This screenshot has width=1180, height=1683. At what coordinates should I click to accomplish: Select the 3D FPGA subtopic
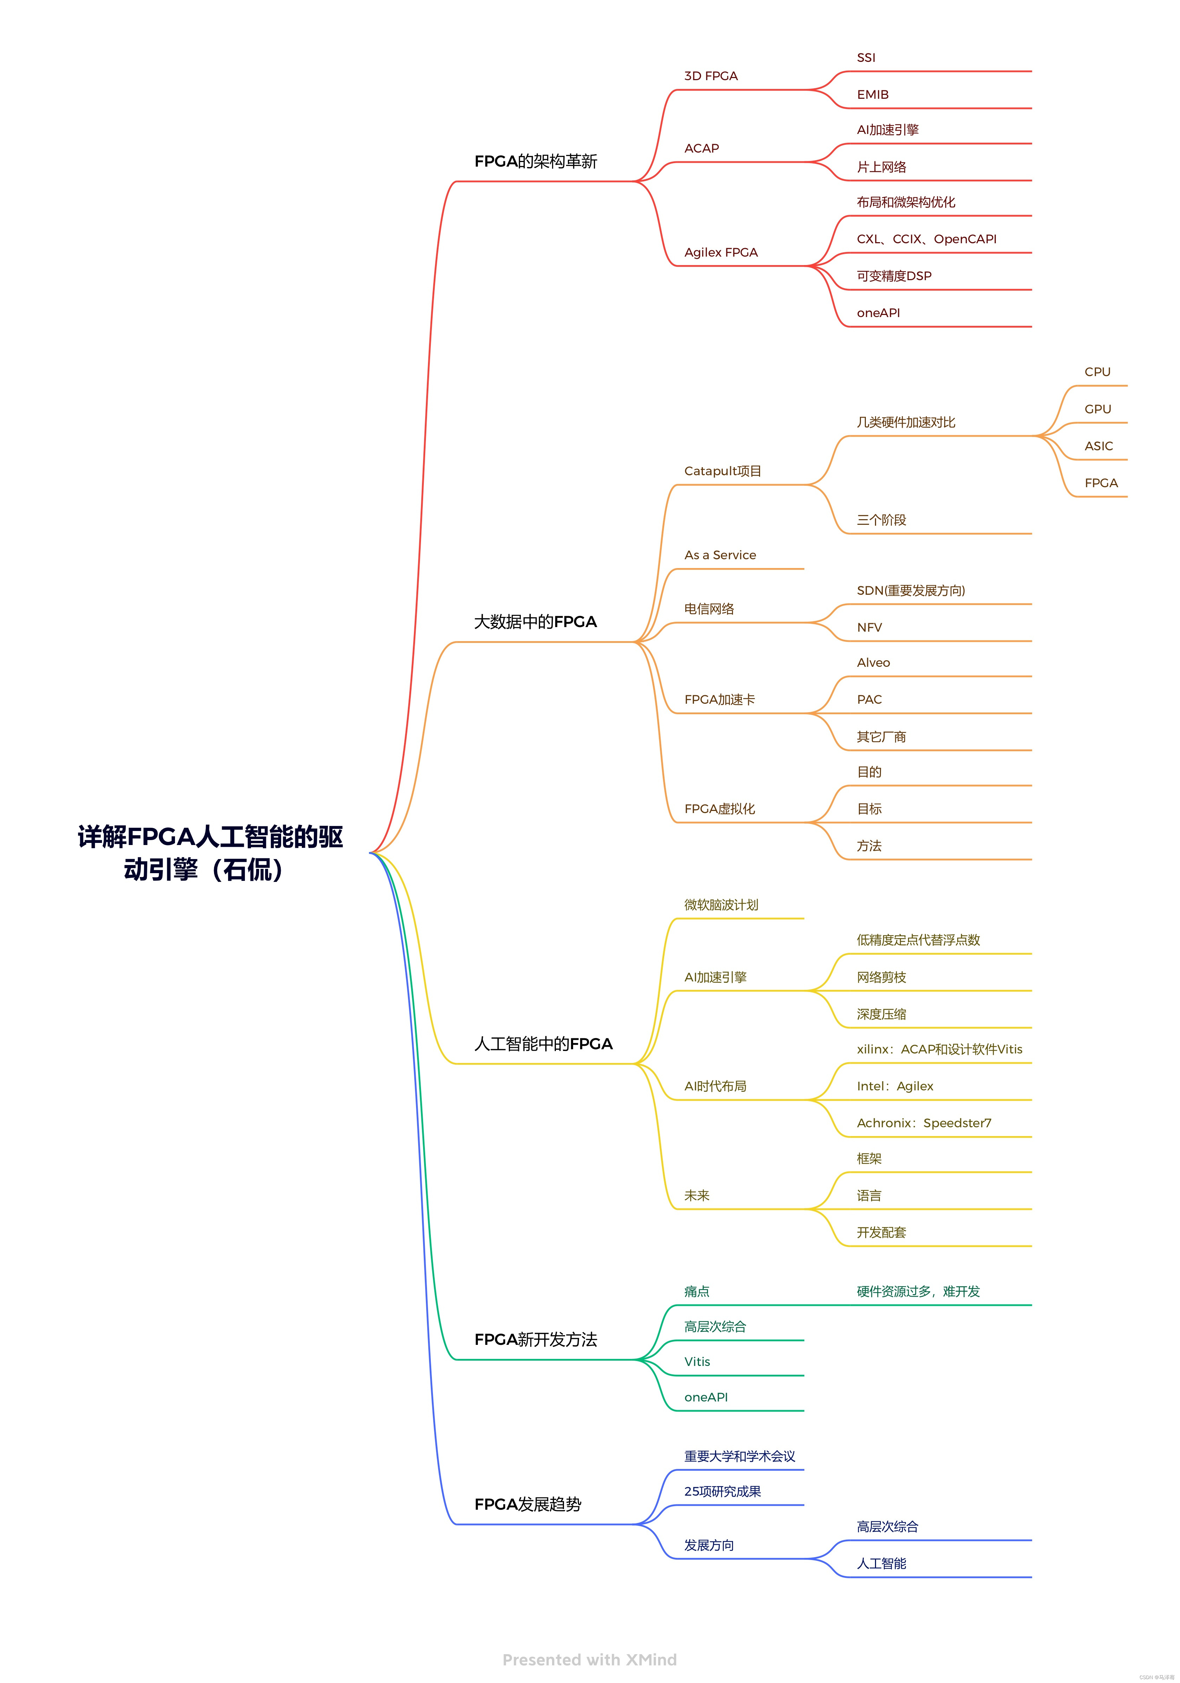[x=710, y=76]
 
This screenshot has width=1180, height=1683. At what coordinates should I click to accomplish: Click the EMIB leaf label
[x=872, y=95]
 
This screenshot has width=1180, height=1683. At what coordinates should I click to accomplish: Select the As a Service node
[x=720, y=555]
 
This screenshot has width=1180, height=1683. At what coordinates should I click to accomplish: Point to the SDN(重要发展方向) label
[x=910, y=590]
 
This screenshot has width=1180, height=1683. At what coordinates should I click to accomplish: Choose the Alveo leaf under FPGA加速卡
[x=873, y=663]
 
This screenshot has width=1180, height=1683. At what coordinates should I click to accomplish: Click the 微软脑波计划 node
[x=720, y=904]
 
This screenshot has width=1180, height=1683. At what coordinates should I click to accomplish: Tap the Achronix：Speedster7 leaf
[x=923, y=1123]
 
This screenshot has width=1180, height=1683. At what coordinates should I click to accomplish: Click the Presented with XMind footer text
[x=589, y=1659]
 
